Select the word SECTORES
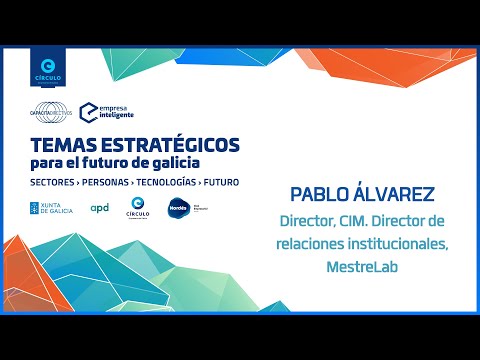57,184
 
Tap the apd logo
100,208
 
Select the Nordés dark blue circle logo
178,208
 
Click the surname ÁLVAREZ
406,192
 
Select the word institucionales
400,243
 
